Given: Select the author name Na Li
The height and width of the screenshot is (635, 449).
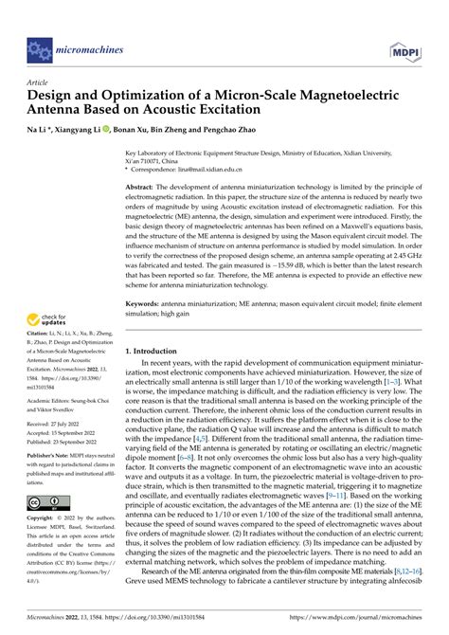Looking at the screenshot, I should tap(37, 127).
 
